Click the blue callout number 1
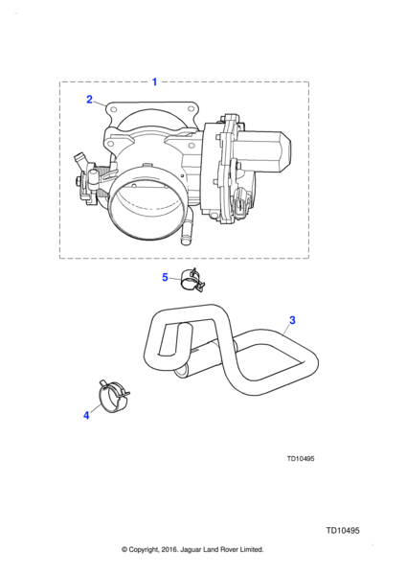point(154,82)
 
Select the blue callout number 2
point(89,100)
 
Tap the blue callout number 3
point(292,320)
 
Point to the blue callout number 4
point(86,416)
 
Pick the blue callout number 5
point(165,277)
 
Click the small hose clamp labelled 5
point(192,281)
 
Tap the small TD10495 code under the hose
point(301,459)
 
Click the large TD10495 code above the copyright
point(343,531)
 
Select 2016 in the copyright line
point(169,550)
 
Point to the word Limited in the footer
point(252,550)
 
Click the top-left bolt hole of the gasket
point(113,109)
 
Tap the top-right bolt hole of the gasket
point(191,108)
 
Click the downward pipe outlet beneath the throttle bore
point(187,232)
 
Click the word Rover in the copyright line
point(230,550)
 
